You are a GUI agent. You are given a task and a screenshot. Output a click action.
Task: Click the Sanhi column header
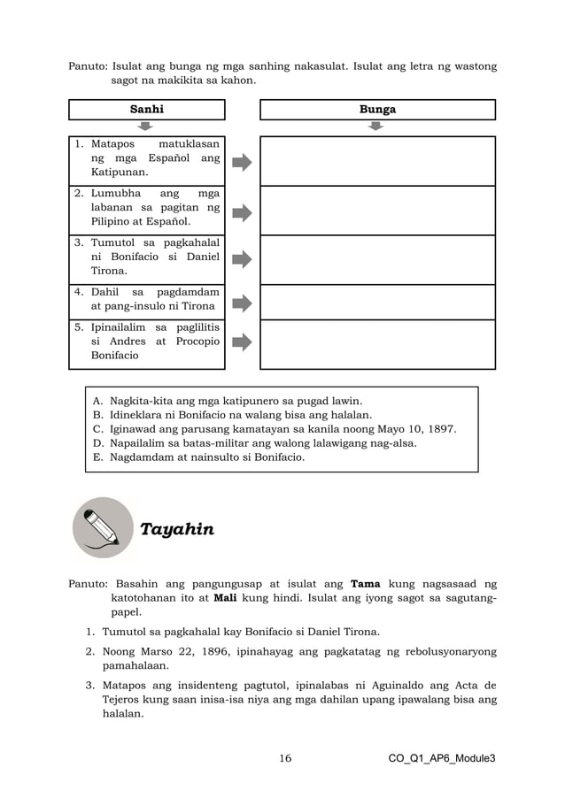[x=147, y=110]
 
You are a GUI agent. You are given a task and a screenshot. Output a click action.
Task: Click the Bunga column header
[x=376, y=110]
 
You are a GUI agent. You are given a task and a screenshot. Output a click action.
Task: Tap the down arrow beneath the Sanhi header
[x=147, y=127]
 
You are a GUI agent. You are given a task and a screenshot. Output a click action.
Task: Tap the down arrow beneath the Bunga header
[x=376, y=127]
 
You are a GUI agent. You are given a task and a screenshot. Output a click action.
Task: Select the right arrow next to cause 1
[x=242, y=162]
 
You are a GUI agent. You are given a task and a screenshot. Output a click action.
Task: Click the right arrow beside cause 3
[x=242, y=259]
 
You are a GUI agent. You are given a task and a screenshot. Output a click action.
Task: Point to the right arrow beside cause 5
[x=242, y=342]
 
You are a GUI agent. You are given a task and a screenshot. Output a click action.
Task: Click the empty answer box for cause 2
[x=376, y=211]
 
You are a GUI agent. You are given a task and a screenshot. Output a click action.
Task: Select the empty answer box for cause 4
[x=376, y=302]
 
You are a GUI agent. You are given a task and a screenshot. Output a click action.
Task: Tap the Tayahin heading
[x=176, y=529]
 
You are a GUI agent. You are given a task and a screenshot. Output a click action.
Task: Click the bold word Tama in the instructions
[x=366, y=584]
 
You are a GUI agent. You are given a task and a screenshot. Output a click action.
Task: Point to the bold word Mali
[x=213, y=598]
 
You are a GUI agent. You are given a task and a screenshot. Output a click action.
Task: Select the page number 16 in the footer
[x=285, y=758]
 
